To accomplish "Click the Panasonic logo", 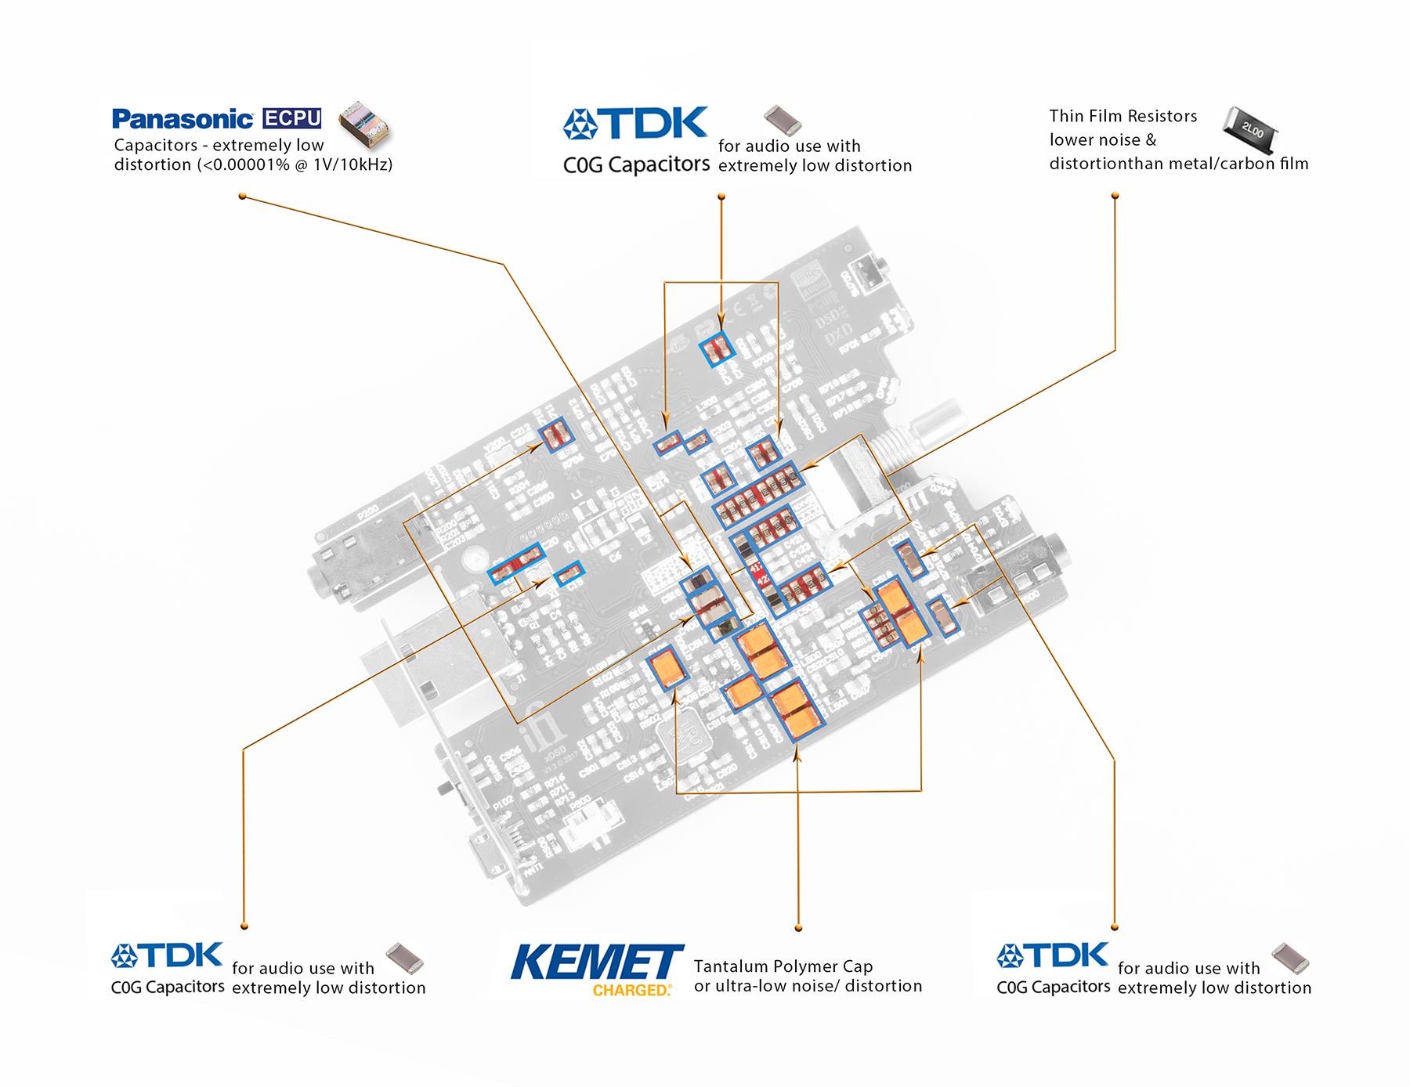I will (x=182, y=119).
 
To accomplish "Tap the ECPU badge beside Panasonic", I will (x=292, y=118).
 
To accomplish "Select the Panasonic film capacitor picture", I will (x=363, y=124).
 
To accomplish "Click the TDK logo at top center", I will (x=635, y=123).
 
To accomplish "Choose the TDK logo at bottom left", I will (x=167, y=955).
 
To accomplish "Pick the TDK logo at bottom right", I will (x=1052, y=955).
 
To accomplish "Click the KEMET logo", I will (x=597, y=962).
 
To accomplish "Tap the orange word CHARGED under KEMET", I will (x=631, y=991).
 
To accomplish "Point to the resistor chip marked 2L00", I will (x=1251, y=129).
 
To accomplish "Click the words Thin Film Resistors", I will (x=1123, y=116).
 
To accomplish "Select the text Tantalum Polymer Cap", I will (x=783, y=966).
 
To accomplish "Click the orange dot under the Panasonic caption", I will (x=243, y=196).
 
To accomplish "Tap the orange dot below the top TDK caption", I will (x=721, y=197).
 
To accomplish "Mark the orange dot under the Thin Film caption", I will (x=1115, y=196).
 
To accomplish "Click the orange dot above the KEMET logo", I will (x=798, y=928).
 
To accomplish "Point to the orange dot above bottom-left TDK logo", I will (x=244, y=926).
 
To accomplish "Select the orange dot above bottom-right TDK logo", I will (x=1115, y=927).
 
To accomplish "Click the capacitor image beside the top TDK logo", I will (x=782, y=119).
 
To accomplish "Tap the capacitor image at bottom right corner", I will (x=1290, y=957).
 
